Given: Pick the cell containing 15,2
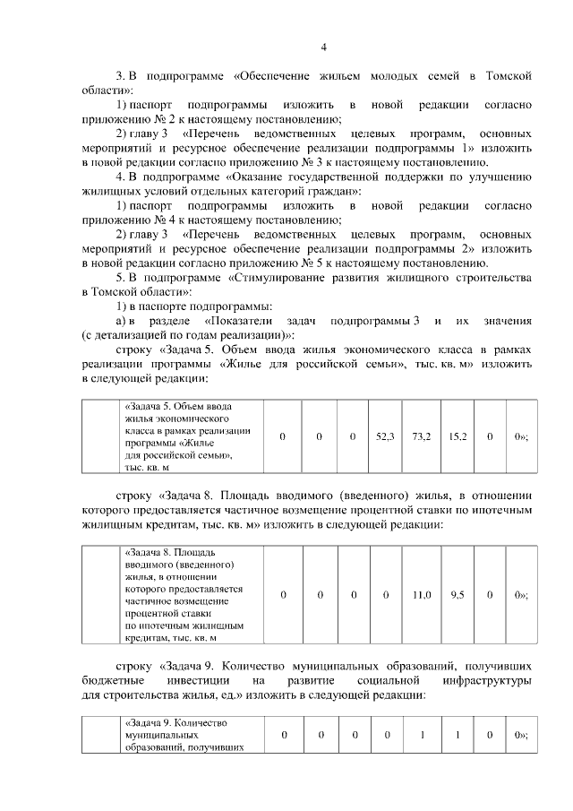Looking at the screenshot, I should click(x=457, y=436).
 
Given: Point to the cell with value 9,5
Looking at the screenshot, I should click(x=457, y=594).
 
